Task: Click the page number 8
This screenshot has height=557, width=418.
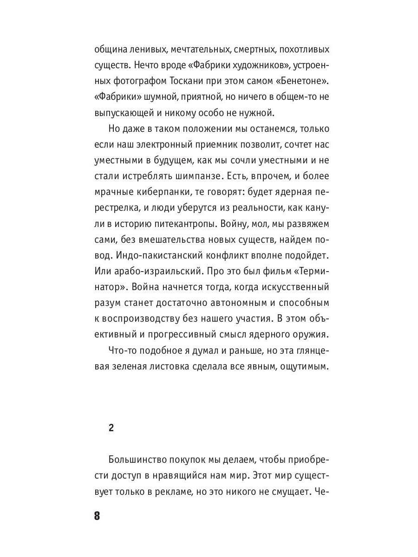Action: pyautogui.click(x=97, y=516)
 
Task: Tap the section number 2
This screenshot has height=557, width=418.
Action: pyautogui.click(x=111, y=428)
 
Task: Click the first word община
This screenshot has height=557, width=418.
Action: pyautogui.click(x=110, y=49)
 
